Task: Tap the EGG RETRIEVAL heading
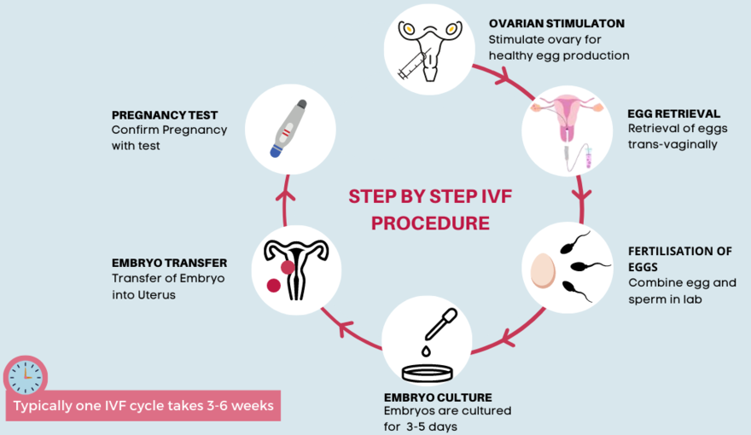pyautogui.click(x=673, y=113)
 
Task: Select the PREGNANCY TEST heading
pyautogui.click(x=165, y=114)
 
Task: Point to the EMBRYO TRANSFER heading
pyautogui.click(x=169, y=263)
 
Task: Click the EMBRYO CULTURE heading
pyautogui.click(x=438, y=397)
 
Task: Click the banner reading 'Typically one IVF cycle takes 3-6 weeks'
pyautogui.click(x=143, y=405)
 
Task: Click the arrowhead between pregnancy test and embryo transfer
pyautogui.click(x=287, y=194)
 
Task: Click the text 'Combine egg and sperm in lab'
pyautogui.click(x=669, y=291)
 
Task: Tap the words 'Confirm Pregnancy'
pyautogui.click(x=169, y=130)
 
